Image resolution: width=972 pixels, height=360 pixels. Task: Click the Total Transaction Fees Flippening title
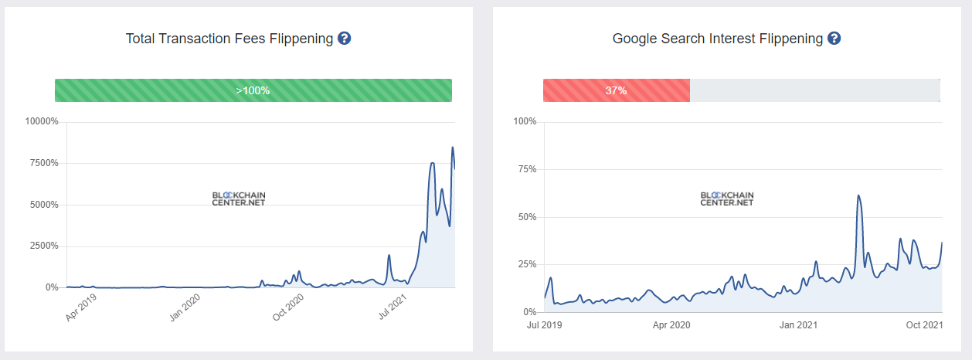pyautogui.click(x=229, y=39)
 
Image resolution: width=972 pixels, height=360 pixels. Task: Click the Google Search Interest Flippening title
pyautogui.click(x=718, y=39)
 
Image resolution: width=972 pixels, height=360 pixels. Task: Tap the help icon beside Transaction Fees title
pyautogui.click(x=345, y=39)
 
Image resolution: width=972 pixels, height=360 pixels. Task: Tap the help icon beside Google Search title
pyautogui.click(x=834, y=39)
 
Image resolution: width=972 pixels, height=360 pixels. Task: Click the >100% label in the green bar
pyautogui.click(x=253, y=90)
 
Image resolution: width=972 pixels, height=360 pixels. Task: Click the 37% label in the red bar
pyautogui.click(x=616, y=90)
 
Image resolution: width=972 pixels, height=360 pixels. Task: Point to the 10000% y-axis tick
pyautogui.click(x=42, y=121)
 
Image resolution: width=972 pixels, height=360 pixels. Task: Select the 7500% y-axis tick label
pyautogui.click(x=44, y=163)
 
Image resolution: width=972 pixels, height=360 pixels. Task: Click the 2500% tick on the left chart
pyautogui.click(x=44, y=246)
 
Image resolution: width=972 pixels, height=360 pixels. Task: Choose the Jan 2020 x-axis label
pyautogui.click(x=185, y=307)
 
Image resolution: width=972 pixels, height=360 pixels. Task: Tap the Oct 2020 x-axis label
pyautogui.click(x=289, y=307)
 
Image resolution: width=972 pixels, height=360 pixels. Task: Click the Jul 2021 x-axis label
pyautogui.click(x=392, y=307)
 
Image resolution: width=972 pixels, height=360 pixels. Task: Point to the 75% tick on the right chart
pyautogui.click(x=525, y=169)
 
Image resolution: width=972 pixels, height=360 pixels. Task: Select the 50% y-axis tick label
pyautogui.click(x=525, y=217)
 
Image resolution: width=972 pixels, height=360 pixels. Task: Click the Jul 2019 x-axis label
pyautogui.click(x=545, y=325)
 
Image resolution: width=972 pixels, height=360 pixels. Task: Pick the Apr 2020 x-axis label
pyautogui.click(x=671, y=325)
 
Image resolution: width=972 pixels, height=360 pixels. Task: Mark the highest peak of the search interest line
pyautogui.click(x=858, y=195)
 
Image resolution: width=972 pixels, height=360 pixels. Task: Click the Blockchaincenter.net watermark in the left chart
pyautogui.click(x=239, y=199)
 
